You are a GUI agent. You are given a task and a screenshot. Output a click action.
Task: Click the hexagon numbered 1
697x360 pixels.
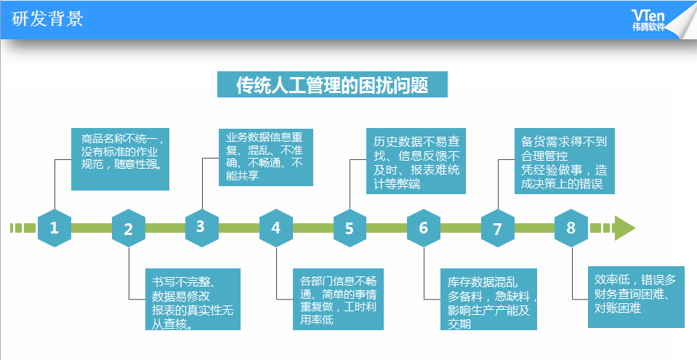tap(55, 228)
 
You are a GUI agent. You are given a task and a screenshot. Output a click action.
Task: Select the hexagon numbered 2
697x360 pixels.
tap(129, 228)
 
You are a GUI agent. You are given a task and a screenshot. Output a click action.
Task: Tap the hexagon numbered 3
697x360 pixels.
tap(202, 228)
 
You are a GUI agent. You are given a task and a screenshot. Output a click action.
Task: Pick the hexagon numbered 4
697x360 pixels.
tap(276, 228)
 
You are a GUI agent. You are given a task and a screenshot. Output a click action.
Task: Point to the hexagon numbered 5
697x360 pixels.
tap(350, 228)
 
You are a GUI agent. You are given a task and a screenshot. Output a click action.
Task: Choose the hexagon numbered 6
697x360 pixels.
tap(424, 228)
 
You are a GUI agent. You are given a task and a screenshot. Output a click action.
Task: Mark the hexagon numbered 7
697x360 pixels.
tap(498, 228)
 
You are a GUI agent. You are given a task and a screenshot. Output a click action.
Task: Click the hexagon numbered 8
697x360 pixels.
tap(571, 228)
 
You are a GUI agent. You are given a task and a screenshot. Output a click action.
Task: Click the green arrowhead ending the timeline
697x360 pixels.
tap(624, 228)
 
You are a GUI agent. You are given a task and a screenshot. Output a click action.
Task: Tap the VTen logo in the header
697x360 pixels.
tap(648, 20)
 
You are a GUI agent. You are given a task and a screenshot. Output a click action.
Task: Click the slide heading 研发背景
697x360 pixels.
tap(47, 19)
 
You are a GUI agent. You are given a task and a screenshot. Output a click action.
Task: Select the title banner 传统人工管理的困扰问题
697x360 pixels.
tap(332, 84)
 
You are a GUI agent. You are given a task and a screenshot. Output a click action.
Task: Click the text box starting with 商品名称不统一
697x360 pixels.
tap(121, 159)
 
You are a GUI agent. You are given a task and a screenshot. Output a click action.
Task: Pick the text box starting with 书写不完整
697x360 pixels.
tap(193, 299)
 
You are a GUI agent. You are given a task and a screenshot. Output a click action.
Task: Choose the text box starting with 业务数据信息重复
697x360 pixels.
tap(266, 157)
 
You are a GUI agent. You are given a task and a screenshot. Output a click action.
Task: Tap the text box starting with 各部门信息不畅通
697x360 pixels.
tap(338, 299)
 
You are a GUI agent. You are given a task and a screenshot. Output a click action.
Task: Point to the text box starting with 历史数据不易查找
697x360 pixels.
tap(416, 161)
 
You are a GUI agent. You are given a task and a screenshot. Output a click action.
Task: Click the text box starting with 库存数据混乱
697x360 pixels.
tap(488, 299)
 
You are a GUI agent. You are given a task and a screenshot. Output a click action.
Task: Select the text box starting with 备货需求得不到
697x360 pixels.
tap(565, 161)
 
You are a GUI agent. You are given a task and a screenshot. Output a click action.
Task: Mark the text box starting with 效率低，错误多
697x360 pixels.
tap(636, 297)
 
